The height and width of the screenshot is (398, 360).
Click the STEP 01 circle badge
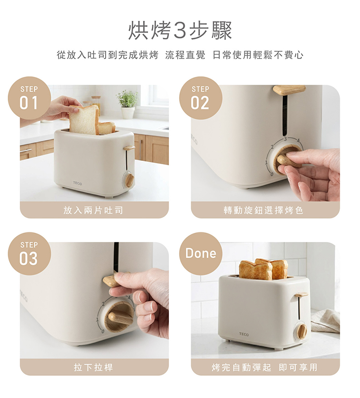[29, 98]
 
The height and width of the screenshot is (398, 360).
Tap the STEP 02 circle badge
[201, 98]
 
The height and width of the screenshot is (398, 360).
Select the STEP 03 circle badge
[29, 253]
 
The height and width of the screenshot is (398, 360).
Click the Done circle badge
[201, 253]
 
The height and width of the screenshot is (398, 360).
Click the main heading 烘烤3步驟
[180, 30]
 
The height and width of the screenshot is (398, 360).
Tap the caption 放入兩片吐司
[93, 210]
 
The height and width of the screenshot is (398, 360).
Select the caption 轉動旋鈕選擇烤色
[264, 210]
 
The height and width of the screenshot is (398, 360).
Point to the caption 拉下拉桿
[93, 367]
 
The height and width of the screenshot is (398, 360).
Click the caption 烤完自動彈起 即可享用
[264, 367]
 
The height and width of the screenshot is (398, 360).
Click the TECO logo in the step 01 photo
[77, 183]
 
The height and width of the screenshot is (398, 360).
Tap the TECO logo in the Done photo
[244, 334]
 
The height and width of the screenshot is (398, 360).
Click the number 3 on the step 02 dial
[285, 139]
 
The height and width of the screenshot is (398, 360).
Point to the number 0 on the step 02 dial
[272, 174]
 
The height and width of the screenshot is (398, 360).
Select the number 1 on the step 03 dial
[97, 320]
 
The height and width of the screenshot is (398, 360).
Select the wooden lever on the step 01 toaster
[129, 148]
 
